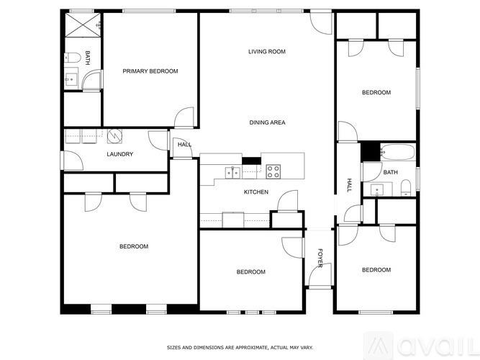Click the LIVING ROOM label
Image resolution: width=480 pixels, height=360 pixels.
[267, 52]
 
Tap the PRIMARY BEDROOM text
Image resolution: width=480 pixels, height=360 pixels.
[150, 71]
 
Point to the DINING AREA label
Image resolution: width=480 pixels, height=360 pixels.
[267, 123]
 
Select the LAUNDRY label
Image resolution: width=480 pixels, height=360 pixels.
[119, 154]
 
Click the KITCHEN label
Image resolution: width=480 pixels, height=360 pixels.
[256, 192]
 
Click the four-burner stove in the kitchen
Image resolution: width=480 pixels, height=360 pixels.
[273, 171]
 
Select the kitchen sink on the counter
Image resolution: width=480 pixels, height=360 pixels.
[233, 171]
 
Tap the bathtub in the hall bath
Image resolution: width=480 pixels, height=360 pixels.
[397, 153]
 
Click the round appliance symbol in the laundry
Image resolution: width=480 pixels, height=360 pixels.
[116, 135]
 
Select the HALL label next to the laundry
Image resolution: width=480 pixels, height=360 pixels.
[184, 145]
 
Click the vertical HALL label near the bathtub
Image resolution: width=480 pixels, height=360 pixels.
[350, 185]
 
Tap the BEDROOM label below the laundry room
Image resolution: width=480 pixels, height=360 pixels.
[133, 247]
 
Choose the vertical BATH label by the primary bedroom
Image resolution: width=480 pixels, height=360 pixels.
[88, 58]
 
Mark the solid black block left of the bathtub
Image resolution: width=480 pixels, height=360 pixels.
[369, 151]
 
